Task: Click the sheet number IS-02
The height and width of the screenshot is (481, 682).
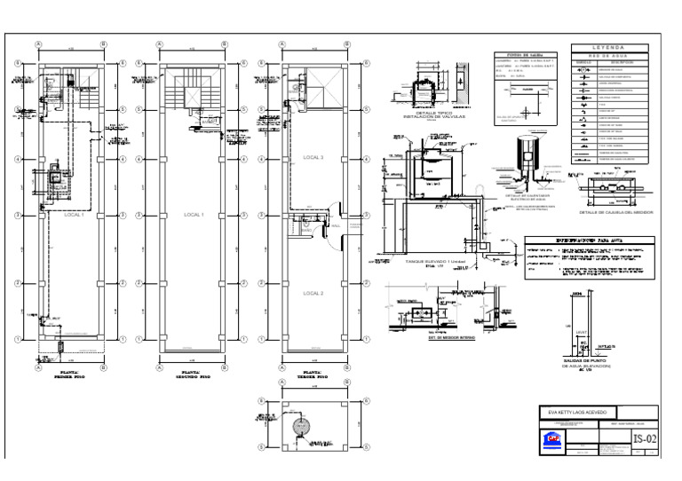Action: pyautogui.click(x=645, y=438)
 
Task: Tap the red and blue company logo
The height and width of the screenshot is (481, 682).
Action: pyautogui.click(x=554, y=440)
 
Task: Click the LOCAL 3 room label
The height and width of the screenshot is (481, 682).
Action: pyautogui.click(x=313, y=157)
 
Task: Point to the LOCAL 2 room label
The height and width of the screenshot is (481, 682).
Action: pyautogui.click(x=313, y=293)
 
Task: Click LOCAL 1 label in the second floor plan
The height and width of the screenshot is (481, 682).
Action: pyautogui.click(x=193, y=215)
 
